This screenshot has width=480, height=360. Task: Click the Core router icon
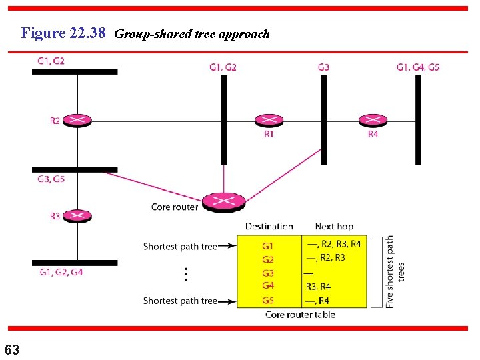point(224,201)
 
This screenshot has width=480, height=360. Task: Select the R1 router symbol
point(269,120)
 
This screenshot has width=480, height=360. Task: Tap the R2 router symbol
point(78,120)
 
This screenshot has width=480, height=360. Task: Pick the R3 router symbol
point(78,215)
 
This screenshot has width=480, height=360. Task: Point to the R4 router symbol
point(373,120)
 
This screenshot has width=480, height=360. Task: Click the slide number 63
point(12,349)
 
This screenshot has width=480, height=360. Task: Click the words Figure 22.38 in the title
point(63,33)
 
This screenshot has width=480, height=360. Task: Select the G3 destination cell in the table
point(268,273)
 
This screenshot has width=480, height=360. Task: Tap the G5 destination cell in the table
point(268,301)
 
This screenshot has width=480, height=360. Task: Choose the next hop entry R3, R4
point(318,287)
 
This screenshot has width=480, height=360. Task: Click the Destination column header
point(269,227)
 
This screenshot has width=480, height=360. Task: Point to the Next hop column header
point(334,227)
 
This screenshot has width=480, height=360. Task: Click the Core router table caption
point(300,315)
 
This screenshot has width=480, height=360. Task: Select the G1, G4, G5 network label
point(418,67)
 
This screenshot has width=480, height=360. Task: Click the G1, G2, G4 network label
point(61,272)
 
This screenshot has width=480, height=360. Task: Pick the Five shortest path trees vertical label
point(395,271)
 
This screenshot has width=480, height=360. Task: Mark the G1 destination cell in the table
point(268,246)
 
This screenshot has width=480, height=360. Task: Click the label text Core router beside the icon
point(175,207)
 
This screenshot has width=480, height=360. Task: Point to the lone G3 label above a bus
point(323,67)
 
